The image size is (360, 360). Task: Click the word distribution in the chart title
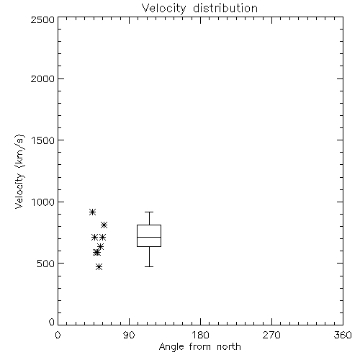pyautogui.click(x=225, y=8)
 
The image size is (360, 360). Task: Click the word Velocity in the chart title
pyautogui.click(x=164, y=9)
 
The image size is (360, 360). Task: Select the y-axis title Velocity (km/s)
pyautogui.click(x=19, y=171)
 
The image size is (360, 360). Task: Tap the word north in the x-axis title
pyautogui.click(x=229, y=346)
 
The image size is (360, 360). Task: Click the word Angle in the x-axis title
pyautogui.click(x=171, y=347)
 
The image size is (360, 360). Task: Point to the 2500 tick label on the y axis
pyautogui.click(x=43, y=19)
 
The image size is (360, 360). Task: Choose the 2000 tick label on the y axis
pyautogui.click(x=43, y=78)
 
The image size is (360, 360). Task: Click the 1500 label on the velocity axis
pyautogui.click(x=43, y=140)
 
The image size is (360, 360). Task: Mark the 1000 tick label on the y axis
pyautogui.click(x=43, y=202)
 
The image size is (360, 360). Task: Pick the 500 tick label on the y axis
pyautogui.click(x=46, y=264)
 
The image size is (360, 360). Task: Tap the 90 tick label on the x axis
pyautogui.click(x=129, y=335)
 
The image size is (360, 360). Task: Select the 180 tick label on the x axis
pyautogui.click(x=200, y=335)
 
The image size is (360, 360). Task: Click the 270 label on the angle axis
pyautogui.click(x=271, y=335)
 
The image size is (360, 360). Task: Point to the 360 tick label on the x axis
pyautogui.click(x=343, y=335)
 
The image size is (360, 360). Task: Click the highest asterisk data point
pyautogui.click(x=93, y=212)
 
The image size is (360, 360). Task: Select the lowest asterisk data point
pyautogui.click(x=99, y=266)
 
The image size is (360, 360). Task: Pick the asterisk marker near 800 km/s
pyautogui.click(x=104, y=225)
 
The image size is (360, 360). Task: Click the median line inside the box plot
pyautogui.click(x=149, y=237)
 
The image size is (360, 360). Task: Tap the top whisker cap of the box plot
pyautogui.click(x=149, y=212)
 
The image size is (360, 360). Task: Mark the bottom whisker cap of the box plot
pyautogui.click(x=149, y=266)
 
